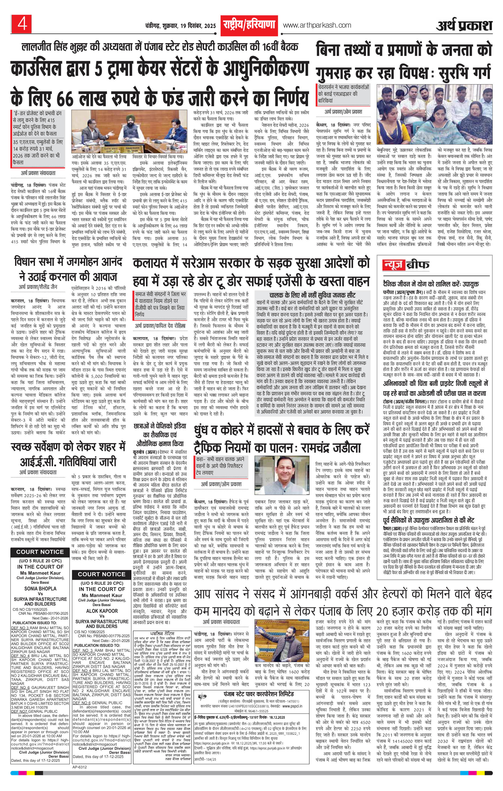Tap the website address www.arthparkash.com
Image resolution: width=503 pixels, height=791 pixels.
(x=317, y=25)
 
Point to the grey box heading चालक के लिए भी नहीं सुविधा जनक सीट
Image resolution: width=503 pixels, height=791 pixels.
(x=312, y=295)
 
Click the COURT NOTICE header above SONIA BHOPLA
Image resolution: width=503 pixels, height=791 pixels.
(x=40, y=552)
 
